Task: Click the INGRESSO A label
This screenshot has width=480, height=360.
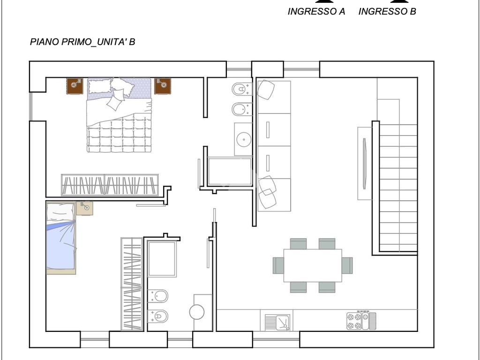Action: click(x=316, y=12)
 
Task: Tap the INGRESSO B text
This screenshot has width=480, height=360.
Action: click(x=387, y=12)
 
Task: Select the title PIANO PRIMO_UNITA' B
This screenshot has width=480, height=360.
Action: click(x=82, y=42)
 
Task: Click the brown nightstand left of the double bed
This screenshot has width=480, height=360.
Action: click(x=75, y=86)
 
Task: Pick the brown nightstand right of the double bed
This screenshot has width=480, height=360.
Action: click(x=162, y=86)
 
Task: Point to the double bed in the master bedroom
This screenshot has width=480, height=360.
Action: click(x=119, y=115)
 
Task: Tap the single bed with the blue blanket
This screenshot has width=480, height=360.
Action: click(x=60, y=238)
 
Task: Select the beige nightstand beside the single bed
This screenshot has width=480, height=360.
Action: click(x=84, y=208)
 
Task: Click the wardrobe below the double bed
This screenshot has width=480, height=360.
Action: click(x=110, y=185)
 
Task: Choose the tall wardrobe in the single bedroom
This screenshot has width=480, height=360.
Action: click(x=132, y=284)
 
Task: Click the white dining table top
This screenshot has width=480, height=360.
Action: click(x=313, y=265)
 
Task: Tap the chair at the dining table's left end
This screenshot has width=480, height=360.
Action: click(x=278, y=265)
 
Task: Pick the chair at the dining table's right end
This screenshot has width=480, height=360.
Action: click(x=347, y=265)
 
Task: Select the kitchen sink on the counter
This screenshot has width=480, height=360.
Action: click(x=277, y=322)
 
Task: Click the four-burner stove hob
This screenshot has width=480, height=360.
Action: click(x=361, y=321)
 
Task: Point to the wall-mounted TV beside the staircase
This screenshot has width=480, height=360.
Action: click(x=364, y=164)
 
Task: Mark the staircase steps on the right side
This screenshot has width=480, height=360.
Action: click(x=398, y=187)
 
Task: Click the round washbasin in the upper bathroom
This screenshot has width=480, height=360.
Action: click(x=244, y=139)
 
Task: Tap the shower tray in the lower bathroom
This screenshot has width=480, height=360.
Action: click(x=162, y=259)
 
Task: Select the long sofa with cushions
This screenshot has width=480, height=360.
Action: click(x=274, y=146)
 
